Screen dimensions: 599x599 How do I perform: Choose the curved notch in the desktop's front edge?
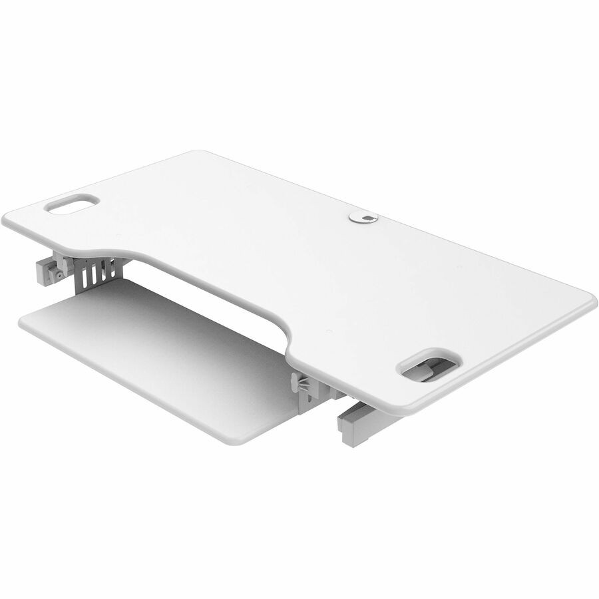(220, 280)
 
